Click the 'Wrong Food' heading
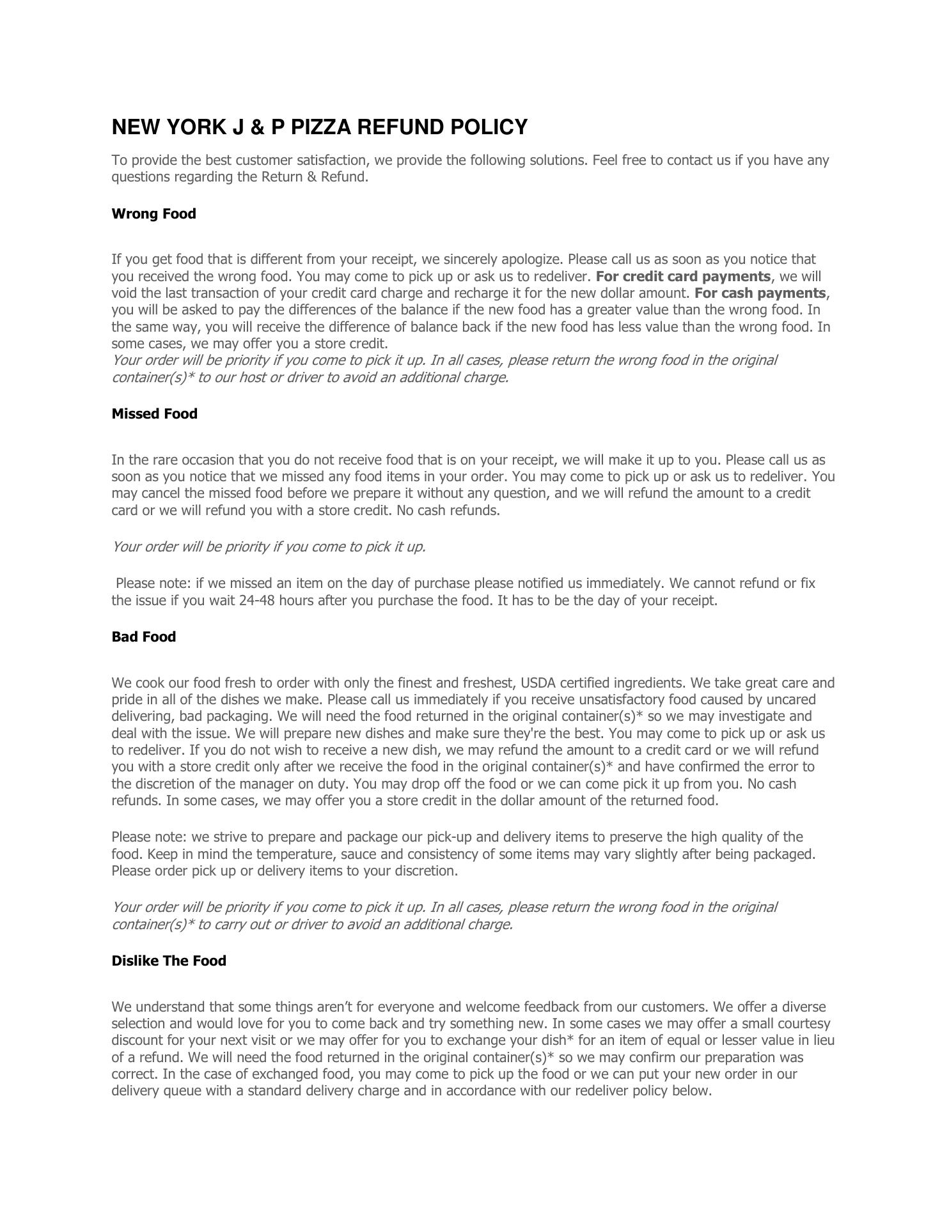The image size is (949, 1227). tap(153, 213)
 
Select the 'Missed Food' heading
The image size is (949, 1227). tap(154, 413)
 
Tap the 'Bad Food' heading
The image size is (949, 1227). tap(143, 637)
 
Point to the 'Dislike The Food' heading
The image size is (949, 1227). tap(168, 961)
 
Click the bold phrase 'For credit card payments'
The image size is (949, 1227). tap(683, 277)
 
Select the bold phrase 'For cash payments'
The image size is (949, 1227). tap(760, 293)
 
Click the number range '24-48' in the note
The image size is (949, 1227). tap(257, 601)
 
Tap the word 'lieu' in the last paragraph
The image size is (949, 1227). tap(824, 1040)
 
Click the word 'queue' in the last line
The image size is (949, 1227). tap(183, 1091)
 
